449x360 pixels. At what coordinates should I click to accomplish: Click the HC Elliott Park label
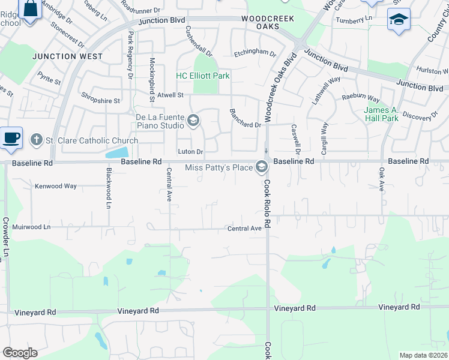pyautogui.click(x=202, y=76)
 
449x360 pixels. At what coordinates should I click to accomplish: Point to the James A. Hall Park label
pyautogui.click(x=381, y=114)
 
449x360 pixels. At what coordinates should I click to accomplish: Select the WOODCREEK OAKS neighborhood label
pyautogui.click(x=268, y=23)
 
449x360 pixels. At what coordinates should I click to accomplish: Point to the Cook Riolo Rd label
pyautogui.click(x=267, y=204)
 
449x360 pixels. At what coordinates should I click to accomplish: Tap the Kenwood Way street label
pyautogui.click(x=55, y=186)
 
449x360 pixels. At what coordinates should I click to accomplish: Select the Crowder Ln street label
pyautogui.click(x=7, y=238)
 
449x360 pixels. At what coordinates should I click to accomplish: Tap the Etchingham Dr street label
pyautogui.click(x=255, y=53)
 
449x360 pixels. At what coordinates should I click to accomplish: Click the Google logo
pyautogui.click(x=20, y=353)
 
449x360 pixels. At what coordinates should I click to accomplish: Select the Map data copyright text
pyautogui.click(x=423, y=355)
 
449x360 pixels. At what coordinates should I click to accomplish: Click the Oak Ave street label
pyautogui.click(x=381, y=179)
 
